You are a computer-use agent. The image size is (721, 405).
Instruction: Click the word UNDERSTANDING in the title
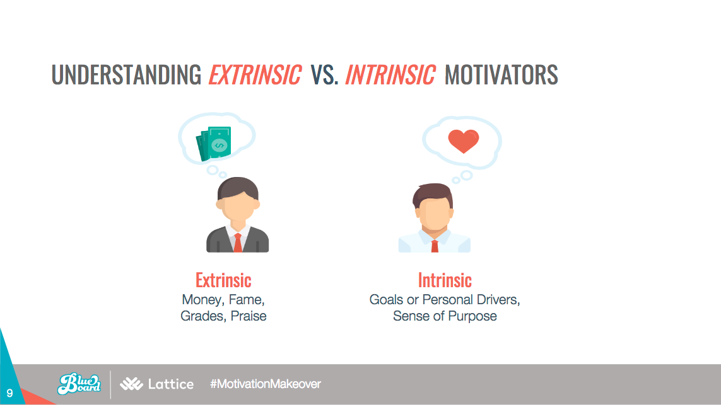tap(126, 74)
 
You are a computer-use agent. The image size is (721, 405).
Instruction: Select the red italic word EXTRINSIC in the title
tap(255, 74)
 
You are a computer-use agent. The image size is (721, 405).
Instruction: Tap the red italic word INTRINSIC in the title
tap(390, 74)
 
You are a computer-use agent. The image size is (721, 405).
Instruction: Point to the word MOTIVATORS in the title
tap(501, 74)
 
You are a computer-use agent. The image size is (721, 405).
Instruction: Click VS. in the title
tap(325, 74)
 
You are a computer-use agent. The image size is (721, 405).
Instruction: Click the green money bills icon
tap(214, 144)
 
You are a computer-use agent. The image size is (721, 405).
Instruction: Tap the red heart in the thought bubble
tap(464, 141)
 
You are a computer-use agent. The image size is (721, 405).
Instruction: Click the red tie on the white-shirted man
tap(435, 246)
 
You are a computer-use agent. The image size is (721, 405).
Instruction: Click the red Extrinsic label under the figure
tap(223, 280)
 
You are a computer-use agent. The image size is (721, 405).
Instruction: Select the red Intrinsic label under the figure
tap(445, 280)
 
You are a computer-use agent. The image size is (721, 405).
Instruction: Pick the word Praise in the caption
tap(249, 316)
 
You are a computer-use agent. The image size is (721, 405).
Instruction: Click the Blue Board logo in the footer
tap(79, 384)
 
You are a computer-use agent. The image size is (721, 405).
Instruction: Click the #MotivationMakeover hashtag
tap(266, 384)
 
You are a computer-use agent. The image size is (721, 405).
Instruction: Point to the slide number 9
tap(9, 393)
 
